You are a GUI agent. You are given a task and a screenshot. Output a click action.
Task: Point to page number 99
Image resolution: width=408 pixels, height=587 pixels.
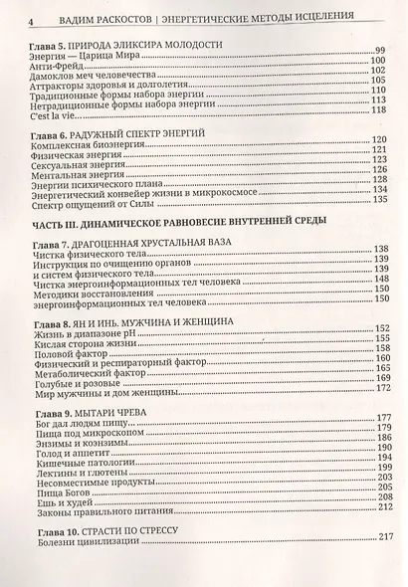pyautogui.click(x=378, y=50)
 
